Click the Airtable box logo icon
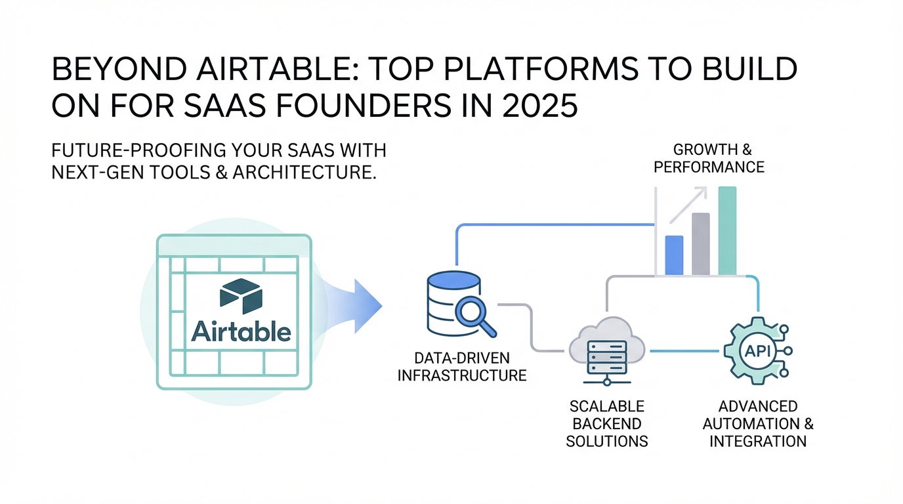coord(241,296)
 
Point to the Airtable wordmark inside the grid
coord(241,331)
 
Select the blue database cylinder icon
coord(453,303)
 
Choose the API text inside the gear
coord(757,351)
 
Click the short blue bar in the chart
coord(674,255)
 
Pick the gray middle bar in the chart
coord(701,244)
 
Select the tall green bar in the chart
coord(727,230)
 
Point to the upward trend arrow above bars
coord(688,205)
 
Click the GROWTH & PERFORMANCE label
coord(709,158)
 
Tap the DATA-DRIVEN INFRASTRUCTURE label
coord(462,366)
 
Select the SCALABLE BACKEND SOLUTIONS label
coord(606,424)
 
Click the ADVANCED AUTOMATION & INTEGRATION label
coord(758,424)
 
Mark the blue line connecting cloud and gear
coord(684,351)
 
